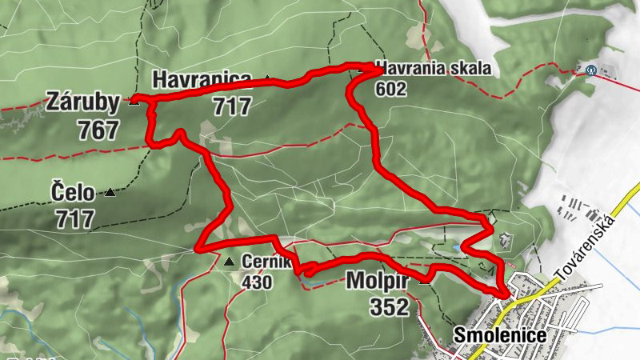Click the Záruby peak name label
83,102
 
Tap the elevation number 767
98,130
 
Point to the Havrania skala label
432,69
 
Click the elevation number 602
390,89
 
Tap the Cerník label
260,262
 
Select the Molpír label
378,281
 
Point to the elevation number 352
389,306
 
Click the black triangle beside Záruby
134,102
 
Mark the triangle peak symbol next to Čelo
110,193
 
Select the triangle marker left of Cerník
230,262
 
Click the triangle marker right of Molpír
424,280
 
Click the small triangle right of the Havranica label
266,78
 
